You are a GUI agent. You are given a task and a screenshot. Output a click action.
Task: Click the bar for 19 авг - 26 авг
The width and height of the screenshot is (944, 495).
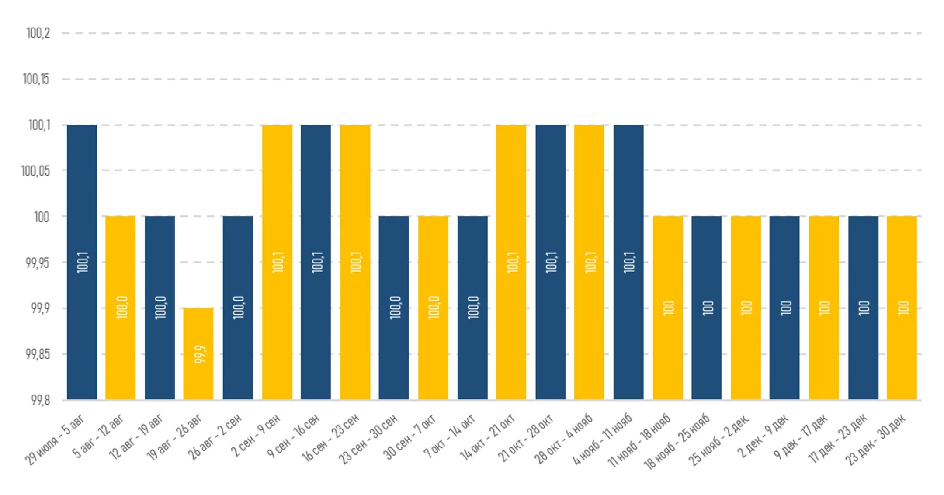(x=198, y=353)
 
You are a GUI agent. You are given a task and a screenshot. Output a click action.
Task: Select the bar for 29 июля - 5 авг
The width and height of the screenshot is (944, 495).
(x=82, y=262)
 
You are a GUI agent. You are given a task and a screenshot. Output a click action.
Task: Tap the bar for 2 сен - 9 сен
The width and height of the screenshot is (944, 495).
(x=277, y=262)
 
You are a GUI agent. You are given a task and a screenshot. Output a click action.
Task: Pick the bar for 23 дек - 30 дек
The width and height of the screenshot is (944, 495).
(x=902, y=308)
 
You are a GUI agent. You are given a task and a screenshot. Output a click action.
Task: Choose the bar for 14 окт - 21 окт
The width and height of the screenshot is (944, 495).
(x=511, y=262)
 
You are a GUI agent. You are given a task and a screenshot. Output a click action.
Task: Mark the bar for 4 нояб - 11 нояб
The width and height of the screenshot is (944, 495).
(x=628, y=262)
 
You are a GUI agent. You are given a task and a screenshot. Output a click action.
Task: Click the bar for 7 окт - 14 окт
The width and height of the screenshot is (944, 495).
(x=472, y=308)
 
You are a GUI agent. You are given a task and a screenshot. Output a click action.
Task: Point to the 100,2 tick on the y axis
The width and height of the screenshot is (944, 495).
(x=38, y=33)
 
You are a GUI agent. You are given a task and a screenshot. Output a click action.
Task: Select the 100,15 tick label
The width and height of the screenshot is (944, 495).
(x=36, y=79)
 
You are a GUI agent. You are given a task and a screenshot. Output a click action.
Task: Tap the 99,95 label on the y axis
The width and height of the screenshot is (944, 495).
(x=38, y=263)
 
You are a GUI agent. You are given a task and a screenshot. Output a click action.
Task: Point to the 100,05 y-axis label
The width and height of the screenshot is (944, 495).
(x=35, y=170)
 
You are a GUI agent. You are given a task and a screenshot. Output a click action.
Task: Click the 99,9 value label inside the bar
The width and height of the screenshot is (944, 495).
(x=199, y=354)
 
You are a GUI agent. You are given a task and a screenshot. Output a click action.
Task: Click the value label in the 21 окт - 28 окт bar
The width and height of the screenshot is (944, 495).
(x=551, y=262)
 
